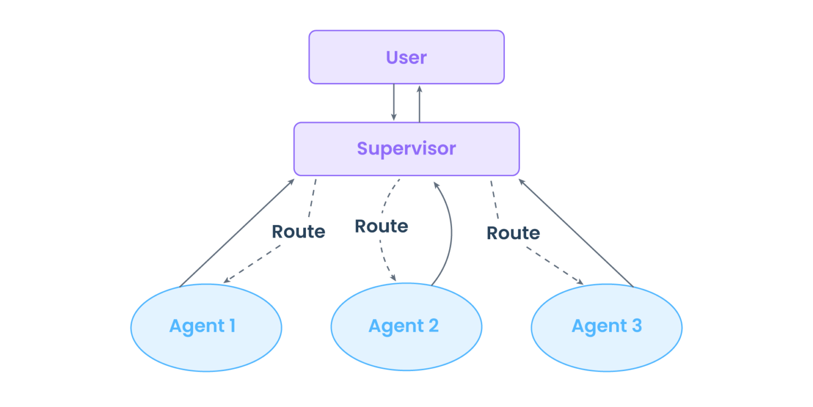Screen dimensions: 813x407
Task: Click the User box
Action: point(406,57)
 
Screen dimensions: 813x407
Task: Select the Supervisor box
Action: point(406,149)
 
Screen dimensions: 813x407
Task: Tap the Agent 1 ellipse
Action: point(206,328)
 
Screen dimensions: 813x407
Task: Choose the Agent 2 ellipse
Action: point(406,327)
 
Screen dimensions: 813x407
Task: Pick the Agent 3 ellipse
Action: point(607,328)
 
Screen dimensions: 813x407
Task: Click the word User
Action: point(406,57)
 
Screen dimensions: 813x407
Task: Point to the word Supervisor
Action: point(406,149)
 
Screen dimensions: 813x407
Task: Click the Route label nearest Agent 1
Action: point(299,232)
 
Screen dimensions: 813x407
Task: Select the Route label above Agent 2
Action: point(382,226)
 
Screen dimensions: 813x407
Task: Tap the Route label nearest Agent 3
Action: point(513,233)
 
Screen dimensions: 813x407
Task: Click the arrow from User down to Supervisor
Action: point(394,102)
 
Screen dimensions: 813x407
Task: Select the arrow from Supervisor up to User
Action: point(420,104)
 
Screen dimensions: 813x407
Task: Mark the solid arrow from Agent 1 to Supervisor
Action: point(237,233)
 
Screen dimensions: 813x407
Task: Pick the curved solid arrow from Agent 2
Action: point(451,232)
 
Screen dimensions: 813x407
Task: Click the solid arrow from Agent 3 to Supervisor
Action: point(576,233)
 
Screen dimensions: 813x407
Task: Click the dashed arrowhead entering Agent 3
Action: point(580,282)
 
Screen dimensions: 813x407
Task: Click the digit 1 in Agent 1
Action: point(232,325)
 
